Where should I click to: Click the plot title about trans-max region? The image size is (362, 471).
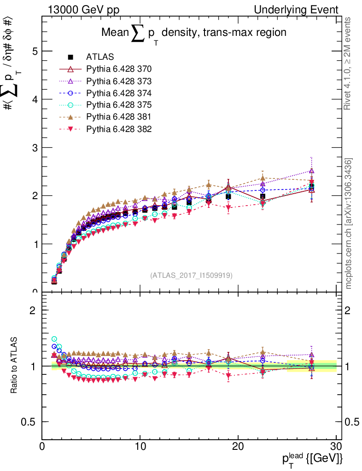click(194, 33)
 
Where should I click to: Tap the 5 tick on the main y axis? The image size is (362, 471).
click(34, 51)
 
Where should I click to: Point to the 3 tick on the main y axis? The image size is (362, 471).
click(34, 148)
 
